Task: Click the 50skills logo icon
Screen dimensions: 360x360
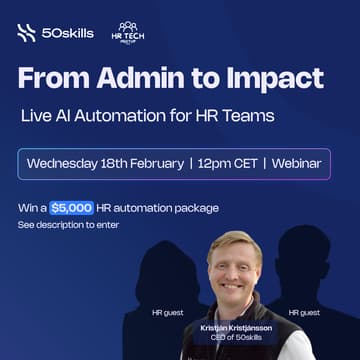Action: pos(26,33)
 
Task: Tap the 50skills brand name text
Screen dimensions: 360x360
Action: pos(68,33)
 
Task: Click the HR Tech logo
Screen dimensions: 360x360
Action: pos(127,32)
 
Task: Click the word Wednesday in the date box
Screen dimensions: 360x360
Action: pos(68,163)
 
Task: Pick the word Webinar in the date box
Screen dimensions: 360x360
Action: pos(304,163)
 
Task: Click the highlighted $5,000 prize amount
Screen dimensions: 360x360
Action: pos(72,208)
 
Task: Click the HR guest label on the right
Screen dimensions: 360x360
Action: pos(304,312)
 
